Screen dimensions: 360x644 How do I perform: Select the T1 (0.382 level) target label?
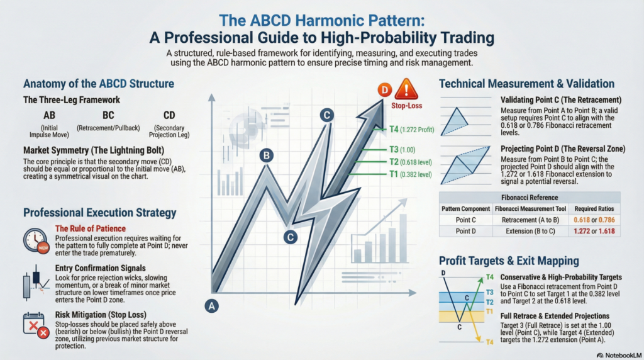[x=410, y=174]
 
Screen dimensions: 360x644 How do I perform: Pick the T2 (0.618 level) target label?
[x=410, y=161]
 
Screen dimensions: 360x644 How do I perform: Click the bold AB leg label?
[x=49, y=116]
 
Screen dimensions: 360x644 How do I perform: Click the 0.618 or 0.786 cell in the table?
[x=595, y=220]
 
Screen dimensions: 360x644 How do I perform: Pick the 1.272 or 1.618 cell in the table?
[x=595, y=232]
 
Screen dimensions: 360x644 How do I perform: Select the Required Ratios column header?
[x=595, y=208]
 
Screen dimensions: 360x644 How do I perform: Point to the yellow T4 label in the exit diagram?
[x=489, y=341]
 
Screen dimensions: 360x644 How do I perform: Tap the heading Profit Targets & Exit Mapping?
[x=509, y=260]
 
